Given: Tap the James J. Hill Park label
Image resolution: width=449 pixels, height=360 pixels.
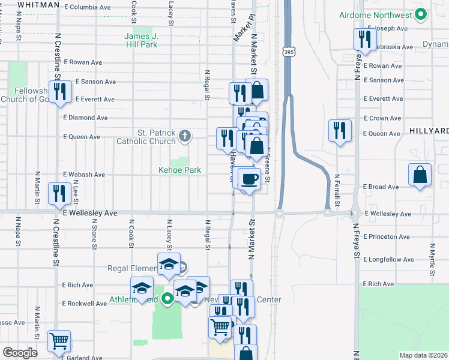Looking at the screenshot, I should click(x=140, y=40).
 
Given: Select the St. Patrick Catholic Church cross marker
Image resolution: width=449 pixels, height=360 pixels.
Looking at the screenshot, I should click(x=185, y=136).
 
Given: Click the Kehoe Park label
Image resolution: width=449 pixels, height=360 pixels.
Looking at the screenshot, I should click(x=179, y=170).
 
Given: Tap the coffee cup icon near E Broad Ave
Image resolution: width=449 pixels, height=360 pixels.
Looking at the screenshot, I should click(x=249, y=178).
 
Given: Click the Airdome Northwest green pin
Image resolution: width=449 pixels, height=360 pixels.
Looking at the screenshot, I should click(x=421, y=14).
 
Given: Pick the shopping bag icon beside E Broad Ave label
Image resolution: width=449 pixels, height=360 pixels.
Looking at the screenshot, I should click(x=420, y=175).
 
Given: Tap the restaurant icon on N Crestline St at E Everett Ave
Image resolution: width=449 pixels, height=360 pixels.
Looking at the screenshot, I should click(x=59, y=92).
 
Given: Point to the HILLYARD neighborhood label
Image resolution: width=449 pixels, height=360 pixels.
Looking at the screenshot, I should click(x=429, y=131).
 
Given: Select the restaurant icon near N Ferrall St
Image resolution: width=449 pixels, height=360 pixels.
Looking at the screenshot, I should click(x=340, y=130).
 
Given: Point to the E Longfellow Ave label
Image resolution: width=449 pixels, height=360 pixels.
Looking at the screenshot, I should click(x=388, y=260).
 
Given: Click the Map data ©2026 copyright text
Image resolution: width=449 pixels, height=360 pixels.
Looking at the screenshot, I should click(x=423, y=355).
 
